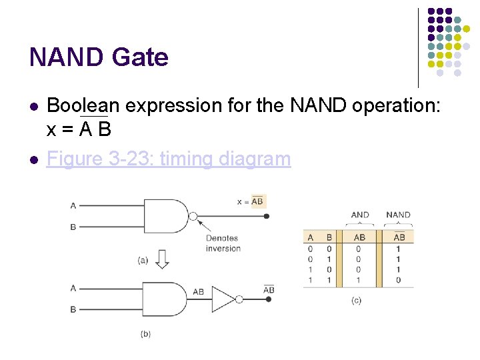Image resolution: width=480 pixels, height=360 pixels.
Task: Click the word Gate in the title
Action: (140, 57)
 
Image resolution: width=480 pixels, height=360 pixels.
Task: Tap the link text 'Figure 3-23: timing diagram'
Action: (169, 159)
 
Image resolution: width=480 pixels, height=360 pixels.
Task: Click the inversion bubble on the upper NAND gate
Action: (193, 216)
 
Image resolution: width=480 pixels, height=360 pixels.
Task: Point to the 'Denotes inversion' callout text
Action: (223, 243)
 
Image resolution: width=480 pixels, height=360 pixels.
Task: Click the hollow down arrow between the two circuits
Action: (162, 259)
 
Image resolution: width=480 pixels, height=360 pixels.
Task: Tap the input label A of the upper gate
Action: (73, 205)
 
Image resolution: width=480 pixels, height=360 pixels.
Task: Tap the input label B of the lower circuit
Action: (73, 310)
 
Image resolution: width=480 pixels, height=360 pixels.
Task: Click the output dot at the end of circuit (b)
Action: (268, 299)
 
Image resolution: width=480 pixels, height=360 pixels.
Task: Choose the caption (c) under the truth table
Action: (357, 301)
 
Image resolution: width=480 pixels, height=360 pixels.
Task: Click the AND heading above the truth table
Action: (360, 215)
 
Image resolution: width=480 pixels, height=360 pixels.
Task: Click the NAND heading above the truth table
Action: (399, 215)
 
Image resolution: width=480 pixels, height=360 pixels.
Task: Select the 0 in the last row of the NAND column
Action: (399, 280)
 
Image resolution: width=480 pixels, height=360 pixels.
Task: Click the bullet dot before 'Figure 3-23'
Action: (33, 159)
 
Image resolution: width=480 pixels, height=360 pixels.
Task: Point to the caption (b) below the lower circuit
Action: (145, 333)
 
